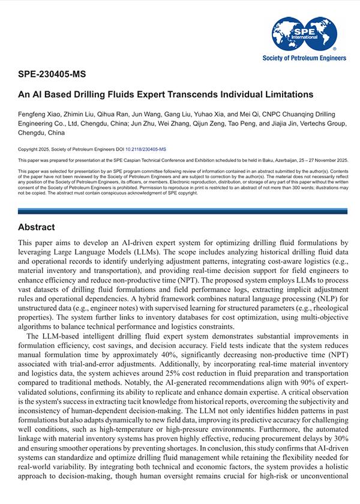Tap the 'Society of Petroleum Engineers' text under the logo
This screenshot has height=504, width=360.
point(304,58)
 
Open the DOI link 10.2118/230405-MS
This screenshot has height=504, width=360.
point(146,148)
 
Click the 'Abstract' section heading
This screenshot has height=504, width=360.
point(37,227)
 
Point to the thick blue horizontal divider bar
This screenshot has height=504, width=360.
point(180,211)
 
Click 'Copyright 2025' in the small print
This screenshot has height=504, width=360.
point(37,148)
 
